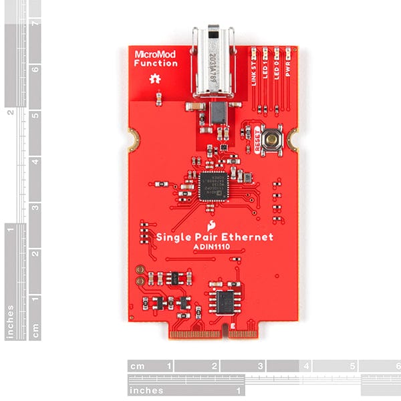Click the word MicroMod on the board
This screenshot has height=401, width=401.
(x=155, y=54)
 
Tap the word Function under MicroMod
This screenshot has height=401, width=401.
(x=155, y=63)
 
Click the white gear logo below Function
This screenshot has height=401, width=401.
(x=155, y=80)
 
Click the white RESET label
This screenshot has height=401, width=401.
(x=256, y=142)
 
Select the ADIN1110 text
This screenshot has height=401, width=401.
(x=213, y=247)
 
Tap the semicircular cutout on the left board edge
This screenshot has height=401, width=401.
(x=132, y=140)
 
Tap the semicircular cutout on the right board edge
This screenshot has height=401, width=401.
(x=295, y=140)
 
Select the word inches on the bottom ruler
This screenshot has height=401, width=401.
(x=146, y=390)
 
